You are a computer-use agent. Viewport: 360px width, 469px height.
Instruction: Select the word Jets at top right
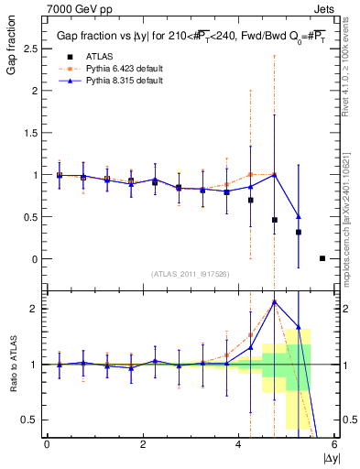tap(325, 7)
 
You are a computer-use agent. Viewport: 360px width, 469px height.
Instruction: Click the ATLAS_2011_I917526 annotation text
tap(190, 275)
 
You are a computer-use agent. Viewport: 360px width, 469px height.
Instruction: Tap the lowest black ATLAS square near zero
tap(322, 258)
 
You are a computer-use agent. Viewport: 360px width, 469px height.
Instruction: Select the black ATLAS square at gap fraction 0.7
tap(250, 200)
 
